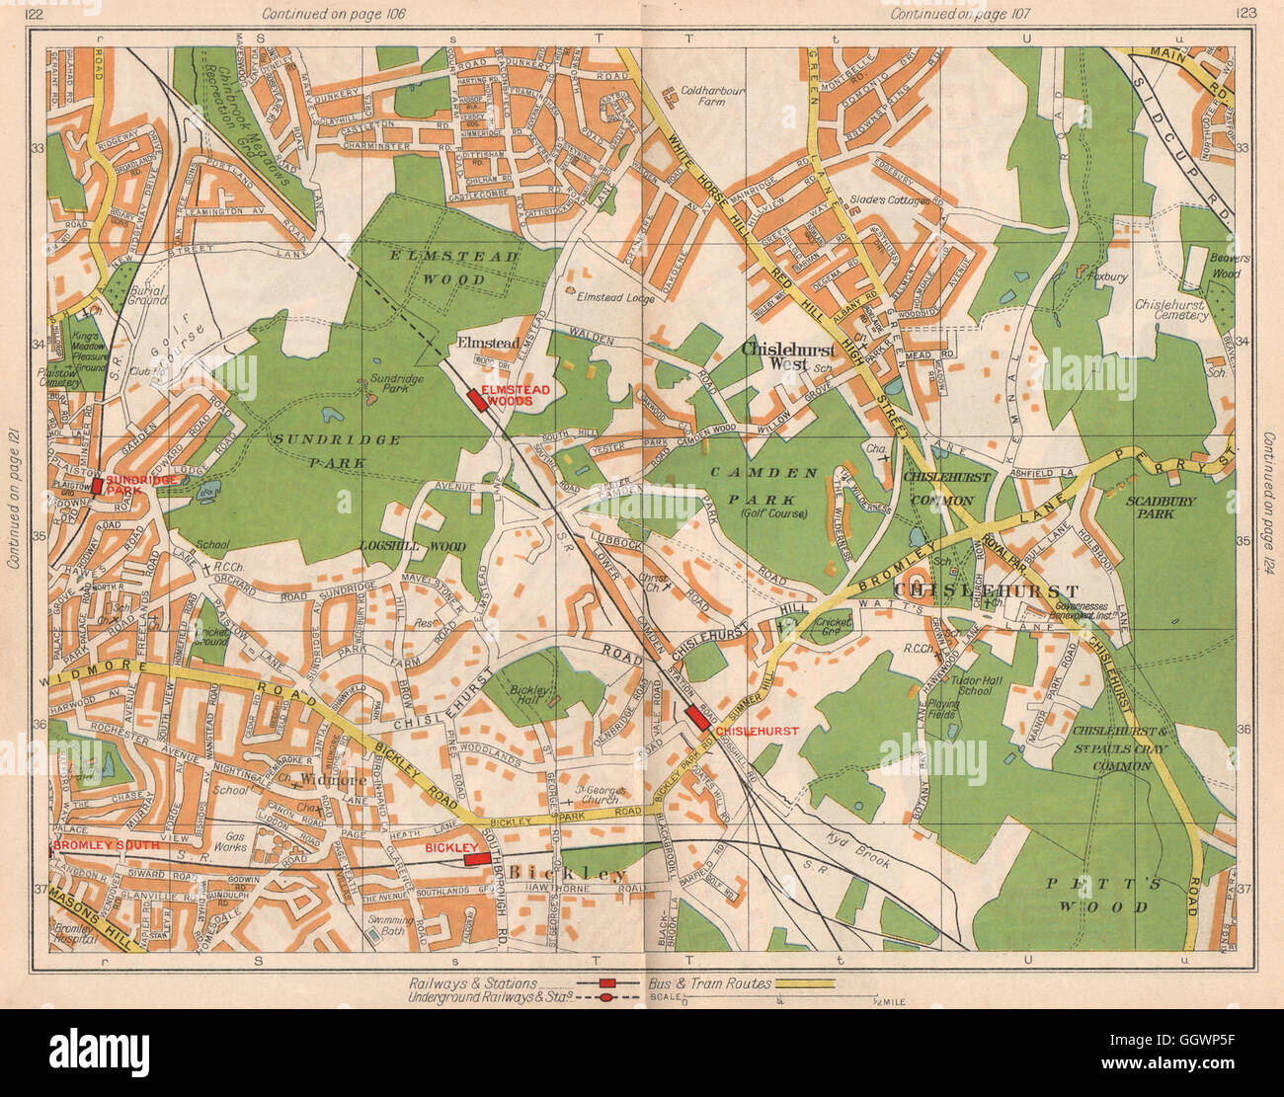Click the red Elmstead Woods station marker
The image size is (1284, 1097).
coord(475,400)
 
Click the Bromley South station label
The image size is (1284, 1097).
coord(92,846)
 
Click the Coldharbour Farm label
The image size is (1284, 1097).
coord(712,95)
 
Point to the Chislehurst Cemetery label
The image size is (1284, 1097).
coord(1170,312)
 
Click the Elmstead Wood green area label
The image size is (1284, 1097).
coord(453,268)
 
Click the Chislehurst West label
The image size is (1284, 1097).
coord(787,356)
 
